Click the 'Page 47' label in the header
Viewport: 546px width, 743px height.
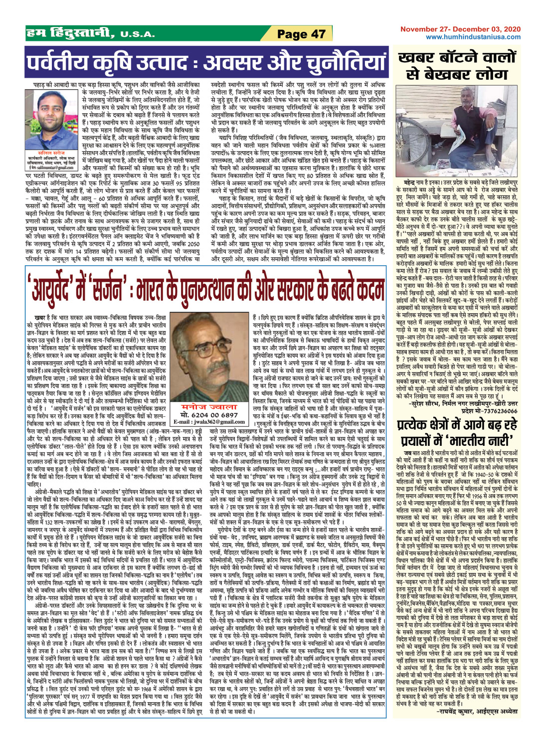pyautogui.click(x=301, y=34)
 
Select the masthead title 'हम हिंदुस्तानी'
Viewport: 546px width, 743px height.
pyautogui.click(x=70, y=34)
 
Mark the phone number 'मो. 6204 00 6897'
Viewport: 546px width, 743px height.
pyautogui.click(x=209, y=415)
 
